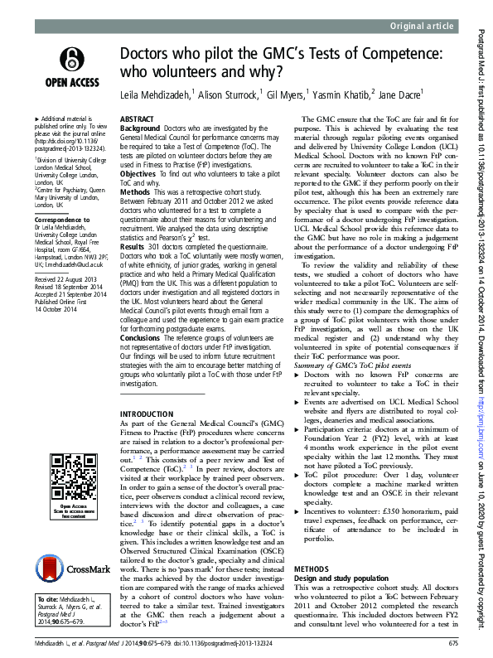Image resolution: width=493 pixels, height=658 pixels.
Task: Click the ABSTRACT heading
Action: [137, 119]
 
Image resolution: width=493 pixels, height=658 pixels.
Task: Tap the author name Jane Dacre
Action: [401, 95]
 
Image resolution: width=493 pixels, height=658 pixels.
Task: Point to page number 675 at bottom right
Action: [452, 645]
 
